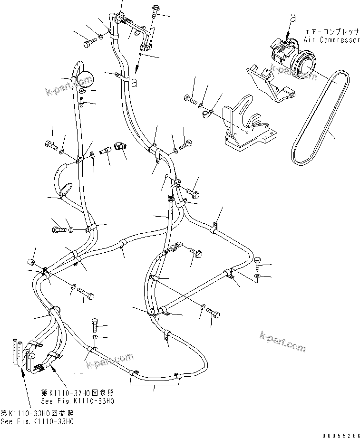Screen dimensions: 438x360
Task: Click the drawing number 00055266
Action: (341, 434)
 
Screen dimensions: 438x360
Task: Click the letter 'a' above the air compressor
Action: (293, 18)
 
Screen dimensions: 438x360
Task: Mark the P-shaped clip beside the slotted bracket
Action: (207, 113)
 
